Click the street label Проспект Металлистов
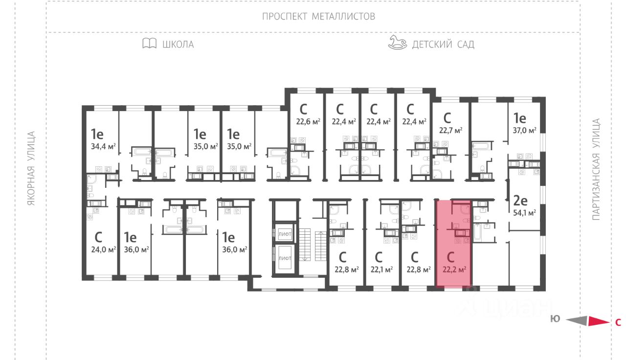pos(318,16)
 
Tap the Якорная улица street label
pos(32,168)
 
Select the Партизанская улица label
pos(596,169)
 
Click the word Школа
pos(178,45)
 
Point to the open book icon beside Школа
pos(149,44)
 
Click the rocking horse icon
pos(397,43)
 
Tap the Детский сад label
pos(443,45)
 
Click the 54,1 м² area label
pos(525,213)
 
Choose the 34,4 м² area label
pos(103,146)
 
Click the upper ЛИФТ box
pos(285,234)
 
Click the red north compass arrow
pos(597,321)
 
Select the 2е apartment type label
pos(520,200)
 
